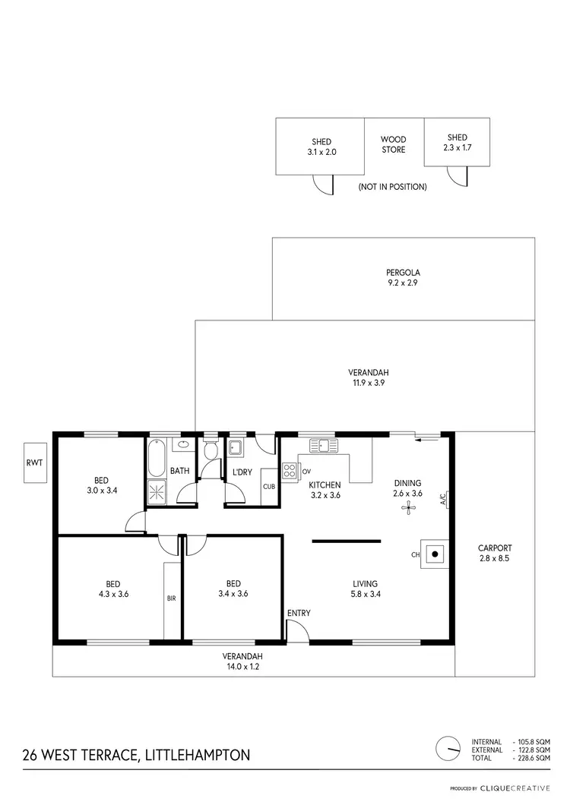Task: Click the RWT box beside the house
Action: [35, 462]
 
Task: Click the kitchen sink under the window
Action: [323, 445]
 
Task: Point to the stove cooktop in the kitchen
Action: [290, 471]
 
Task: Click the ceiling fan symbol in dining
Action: [407, 510]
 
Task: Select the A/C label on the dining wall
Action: [443, 499]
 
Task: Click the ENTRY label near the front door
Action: [299, 613]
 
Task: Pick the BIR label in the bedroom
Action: [171, 598]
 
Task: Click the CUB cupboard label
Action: [268, 487]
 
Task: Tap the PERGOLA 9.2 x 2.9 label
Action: [403, 277]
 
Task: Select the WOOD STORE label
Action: [393, 144]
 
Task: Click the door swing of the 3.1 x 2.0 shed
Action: [324, 183]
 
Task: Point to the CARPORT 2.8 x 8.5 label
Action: [495, 553]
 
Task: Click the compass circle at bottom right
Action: [448, 748]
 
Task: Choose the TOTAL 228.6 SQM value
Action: [532, 758]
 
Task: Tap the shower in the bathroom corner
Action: [157, 493]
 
